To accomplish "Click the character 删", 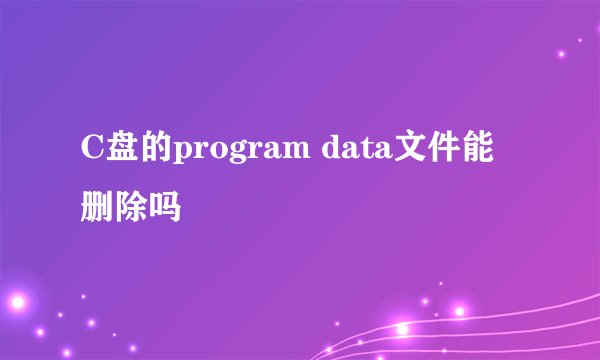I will click(97, 207).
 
